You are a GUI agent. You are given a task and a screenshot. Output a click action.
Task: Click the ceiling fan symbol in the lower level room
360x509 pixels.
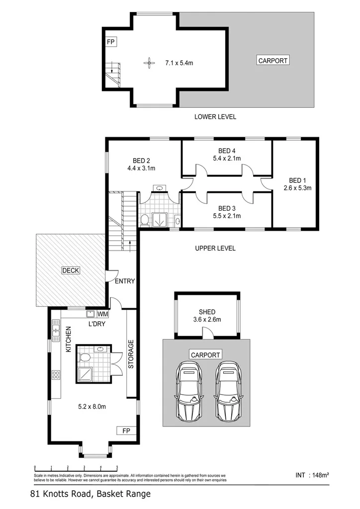148,62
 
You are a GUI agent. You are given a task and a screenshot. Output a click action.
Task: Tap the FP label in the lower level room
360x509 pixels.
110,42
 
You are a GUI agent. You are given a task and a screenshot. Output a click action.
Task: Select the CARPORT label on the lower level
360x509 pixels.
272,61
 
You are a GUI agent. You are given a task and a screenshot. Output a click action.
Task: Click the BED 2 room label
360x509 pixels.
141,161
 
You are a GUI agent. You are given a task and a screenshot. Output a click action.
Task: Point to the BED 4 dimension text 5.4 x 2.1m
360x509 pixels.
226,159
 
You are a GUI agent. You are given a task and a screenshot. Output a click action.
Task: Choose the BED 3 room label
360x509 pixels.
226,208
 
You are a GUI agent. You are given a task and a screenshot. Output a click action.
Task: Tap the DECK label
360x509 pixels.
71,270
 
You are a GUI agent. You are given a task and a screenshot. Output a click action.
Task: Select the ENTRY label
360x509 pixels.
125,281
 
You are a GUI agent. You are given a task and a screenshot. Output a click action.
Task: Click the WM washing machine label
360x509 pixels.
102,314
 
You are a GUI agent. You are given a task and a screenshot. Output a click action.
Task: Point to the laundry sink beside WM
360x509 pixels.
91,314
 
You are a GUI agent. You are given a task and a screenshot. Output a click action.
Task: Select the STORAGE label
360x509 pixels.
131,354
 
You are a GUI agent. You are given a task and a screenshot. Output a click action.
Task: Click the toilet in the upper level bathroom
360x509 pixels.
145,219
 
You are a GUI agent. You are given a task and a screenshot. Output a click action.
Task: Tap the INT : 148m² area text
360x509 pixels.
312,475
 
